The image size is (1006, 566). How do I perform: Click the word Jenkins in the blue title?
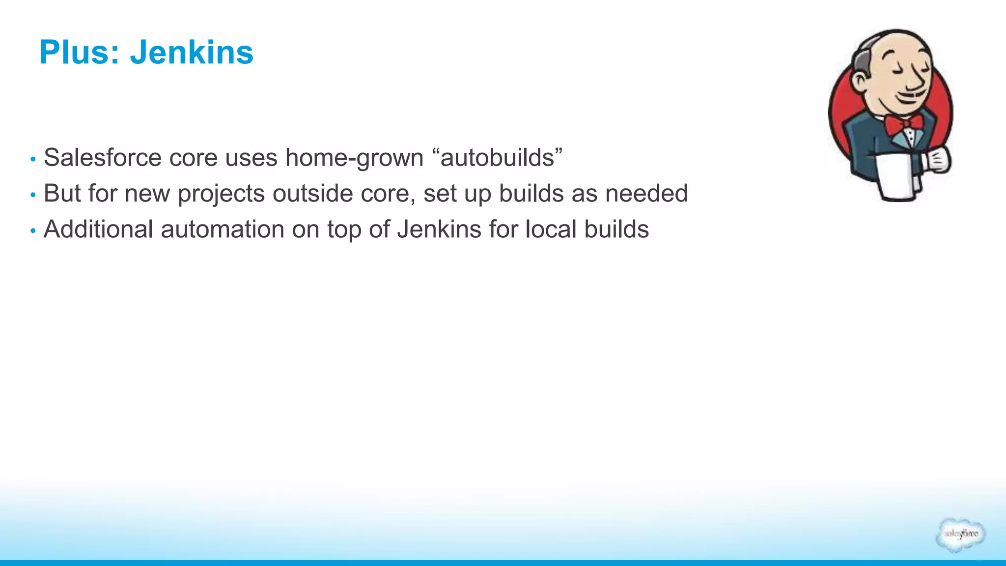[x=192, y=52]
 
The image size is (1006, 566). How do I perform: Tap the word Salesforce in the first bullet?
[x=103, y=158]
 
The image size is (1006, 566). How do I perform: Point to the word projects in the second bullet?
[x=222, y=194]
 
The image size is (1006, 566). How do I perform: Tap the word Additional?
[x=98, y=229]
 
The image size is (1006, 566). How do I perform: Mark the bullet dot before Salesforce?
[x=33, y=159]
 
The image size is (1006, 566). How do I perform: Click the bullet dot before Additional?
[x=33, y=230]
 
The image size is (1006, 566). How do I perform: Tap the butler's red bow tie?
[x=903, y=124]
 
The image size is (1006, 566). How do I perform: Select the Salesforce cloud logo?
[x=960, y=535]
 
